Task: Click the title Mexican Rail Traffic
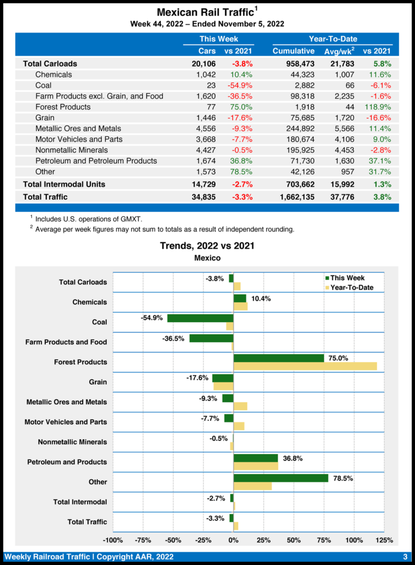(205, 12)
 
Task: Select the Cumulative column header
(293, 51)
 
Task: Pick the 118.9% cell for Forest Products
(378, 107)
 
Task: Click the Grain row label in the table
(45, 118)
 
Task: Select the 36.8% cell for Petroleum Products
(239, 161)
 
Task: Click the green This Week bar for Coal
(200, 318)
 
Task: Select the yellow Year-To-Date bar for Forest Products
(305, 366)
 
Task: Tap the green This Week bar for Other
(281, 478)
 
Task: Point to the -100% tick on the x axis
(113, 540)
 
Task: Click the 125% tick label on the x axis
(384, 540)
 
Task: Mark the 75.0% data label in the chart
(338, 358)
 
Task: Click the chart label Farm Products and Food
(66, 342)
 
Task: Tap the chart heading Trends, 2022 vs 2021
(207, 246)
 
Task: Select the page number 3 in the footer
(405, 556)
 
